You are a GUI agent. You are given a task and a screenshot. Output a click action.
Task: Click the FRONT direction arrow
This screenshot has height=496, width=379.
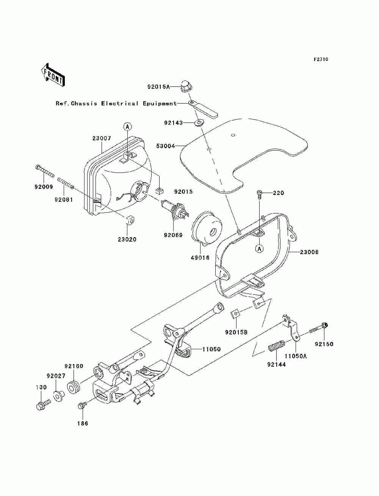tap(53, 75)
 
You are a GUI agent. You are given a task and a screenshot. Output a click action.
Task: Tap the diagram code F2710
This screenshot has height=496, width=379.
tap(321, 60)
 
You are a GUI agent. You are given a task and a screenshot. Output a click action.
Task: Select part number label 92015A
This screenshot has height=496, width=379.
tap(158, 87)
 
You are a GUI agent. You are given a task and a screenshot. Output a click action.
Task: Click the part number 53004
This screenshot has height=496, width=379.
tap(166, 146)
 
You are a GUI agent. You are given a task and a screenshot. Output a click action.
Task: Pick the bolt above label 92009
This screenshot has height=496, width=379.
tap(45, 171)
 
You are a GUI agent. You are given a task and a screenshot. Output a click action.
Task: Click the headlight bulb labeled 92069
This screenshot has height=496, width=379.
tap(175, 209)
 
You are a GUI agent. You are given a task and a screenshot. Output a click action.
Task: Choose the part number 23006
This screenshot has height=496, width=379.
tap(309, 252)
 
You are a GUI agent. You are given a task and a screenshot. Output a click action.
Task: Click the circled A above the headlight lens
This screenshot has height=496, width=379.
tap(127, 127)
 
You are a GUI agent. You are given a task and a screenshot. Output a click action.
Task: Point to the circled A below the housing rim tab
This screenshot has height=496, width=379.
tap(260, 249)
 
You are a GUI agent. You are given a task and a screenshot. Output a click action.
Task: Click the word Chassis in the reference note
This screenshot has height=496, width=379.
tap(84, 104)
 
